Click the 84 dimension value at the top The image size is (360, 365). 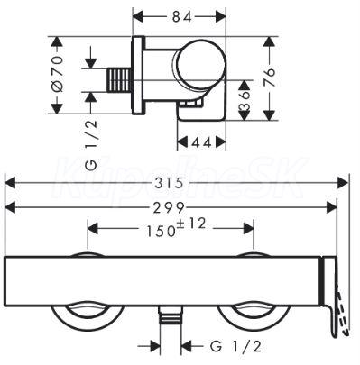click(182, 17)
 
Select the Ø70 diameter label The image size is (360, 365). click(57, 73)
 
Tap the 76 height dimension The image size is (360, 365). click(270, 77)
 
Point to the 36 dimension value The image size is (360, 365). click(245, 100)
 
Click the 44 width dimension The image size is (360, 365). click(201, 142)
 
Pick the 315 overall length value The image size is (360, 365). click(169, 183)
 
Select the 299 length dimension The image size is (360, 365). click(169, 207)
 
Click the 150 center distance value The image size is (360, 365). click(161, 231)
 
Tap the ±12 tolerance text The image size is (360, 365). click(191, 224)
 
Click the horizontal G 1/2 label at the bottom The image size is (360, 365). click(235, 347)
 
